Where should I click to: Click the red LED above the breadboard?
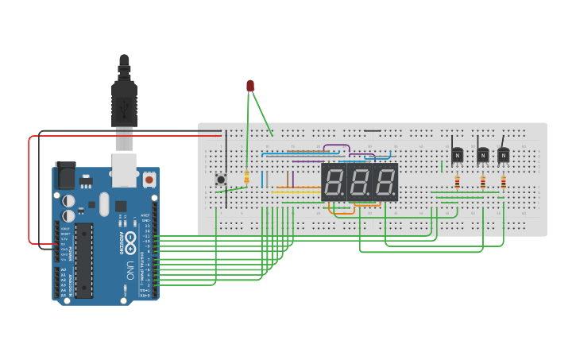(x=250, y=86)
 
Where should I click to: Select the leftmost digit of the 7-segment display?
(x=334, y=183)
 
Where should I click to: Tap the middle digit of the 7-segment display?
(x=359, y=183)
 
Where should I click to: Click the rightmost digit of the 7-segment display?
(x=385, y=183)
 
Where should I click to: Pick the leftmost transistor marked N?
(x=457, y=155)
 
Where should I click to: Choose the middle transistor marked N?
(x=482, y=155)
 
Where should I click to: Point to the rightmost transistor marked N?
(x=503, y=155)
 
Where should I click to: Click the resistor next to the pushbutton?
(x=246, y=178)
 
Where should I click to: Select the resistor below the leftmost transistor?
(x=457, y=182)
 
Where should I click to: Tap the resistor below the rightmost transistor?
(x=503, y=182)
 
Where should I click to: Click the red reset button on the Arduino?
(x=149, y=180)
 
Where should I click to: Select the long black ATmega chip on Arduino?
(x=83, y=260)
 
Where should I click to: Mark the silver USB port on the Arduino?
(x=125, y=169)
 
